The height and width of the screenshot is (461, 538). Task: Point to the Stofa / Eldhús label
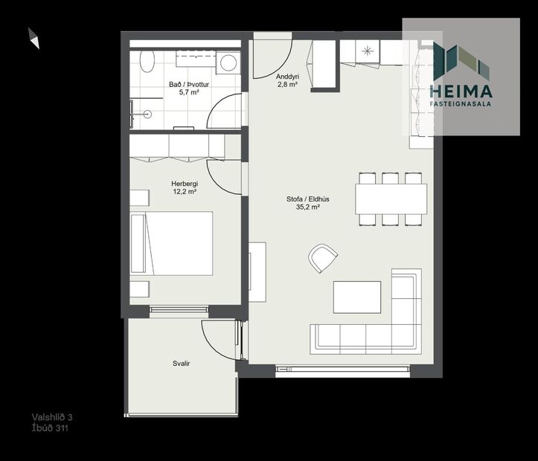pyautogui.click(x=307, y=199)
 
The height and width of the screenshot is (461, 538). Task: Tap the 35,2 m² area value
pyautogui.click(x=307, y=208)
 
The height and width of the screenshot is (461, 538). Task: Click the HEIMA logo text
pyautogui.click(x=461, y=91)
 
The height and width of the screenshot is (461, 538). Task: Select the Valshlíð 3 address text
pyautogui.click(x=51, y=417)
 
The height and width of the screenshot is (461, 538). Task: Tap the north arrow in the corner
pyautogui.click(x=33, y=38)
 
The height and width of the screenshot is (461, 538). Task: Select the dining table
pyautogui.click(x=391, y=199)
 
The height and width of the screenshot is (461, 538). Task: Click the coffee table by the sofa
pyautogui.click(x=357, y=296)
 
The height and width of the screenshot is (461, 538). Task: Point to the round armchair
pyautogui.click(x=323, y=258)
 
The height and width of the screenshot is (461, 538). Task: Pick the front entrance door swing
pyautogui.click(x=272, y=58)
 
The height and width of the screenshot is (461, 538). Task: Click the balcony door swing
pyautogui.click(x=220, y=338)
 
